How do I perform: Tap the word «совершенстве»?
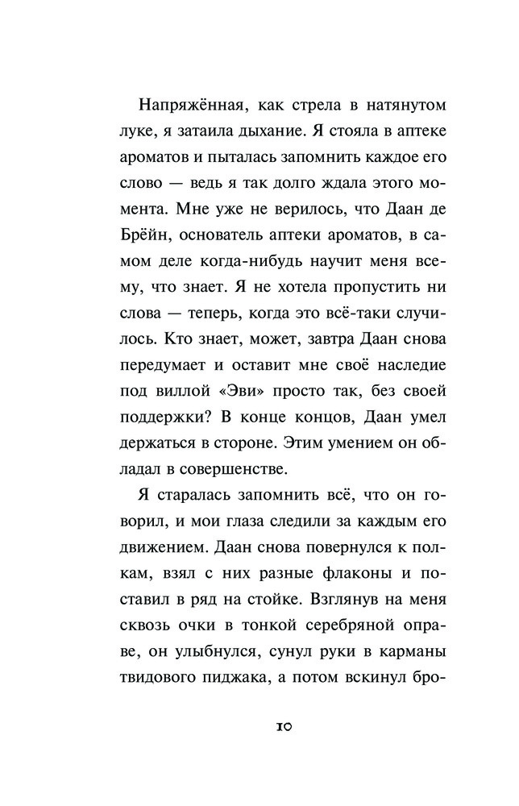tap(240, 465)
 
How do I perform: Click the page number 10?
tap(284, 727)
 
